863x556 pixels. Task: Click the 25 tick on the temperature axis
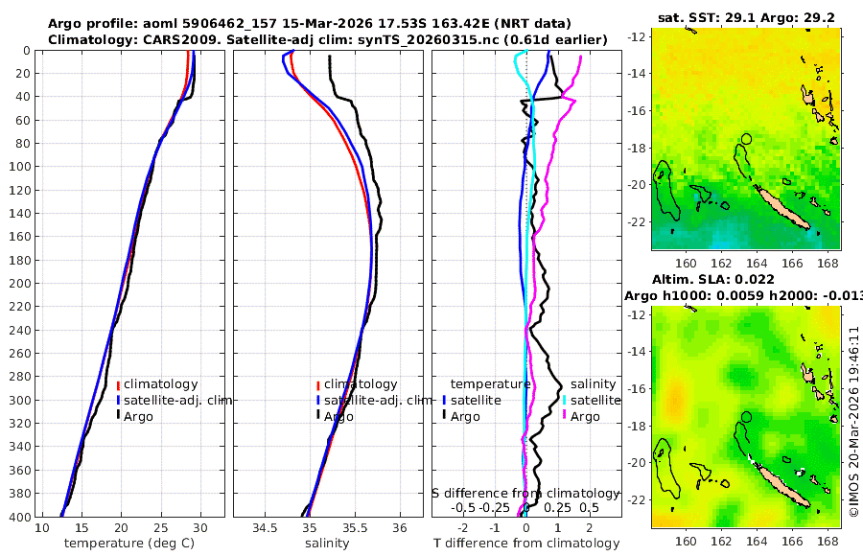pos(160,528)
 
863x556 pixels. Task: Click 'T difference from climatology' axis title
pos(526,544)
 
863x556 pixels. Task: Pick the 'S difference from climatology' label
pos(525,493)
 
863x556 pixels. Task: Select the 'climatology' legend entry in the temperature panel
pos(160,384)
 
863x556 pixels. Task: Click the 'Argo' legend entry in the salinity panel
pos(338,416)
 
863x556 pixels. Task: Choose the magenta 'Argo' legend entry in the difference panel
pos(585,416)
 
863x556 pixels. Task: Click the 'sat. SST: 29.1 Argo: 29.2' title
pos(745,17)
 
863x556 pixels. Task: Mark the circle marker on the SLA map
pos(747,417)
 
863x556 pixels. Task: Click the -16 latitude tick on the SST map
pos(638,110)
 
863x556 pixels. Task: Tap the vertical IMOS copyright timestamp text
pos(853,422)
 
